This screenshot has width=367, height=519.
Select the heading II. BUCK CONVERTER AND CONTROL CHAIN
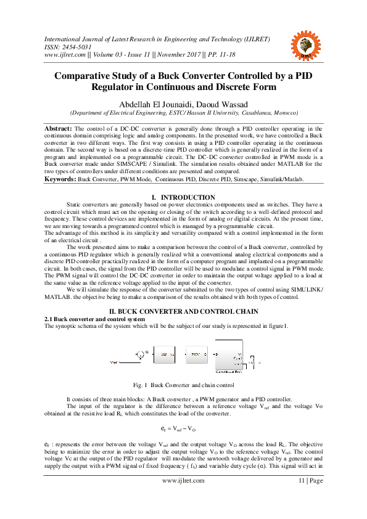tap(183, 313)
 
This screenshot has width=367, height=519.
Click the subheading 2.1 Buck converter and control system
tap(94, 319)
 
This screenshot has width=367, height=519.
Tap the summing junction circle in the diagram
tap(139, 354)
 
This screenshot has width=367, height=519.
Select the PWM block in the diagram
tap(196, 355)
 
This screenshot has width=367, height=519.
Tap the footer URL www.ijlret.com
tap(183, 497)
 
